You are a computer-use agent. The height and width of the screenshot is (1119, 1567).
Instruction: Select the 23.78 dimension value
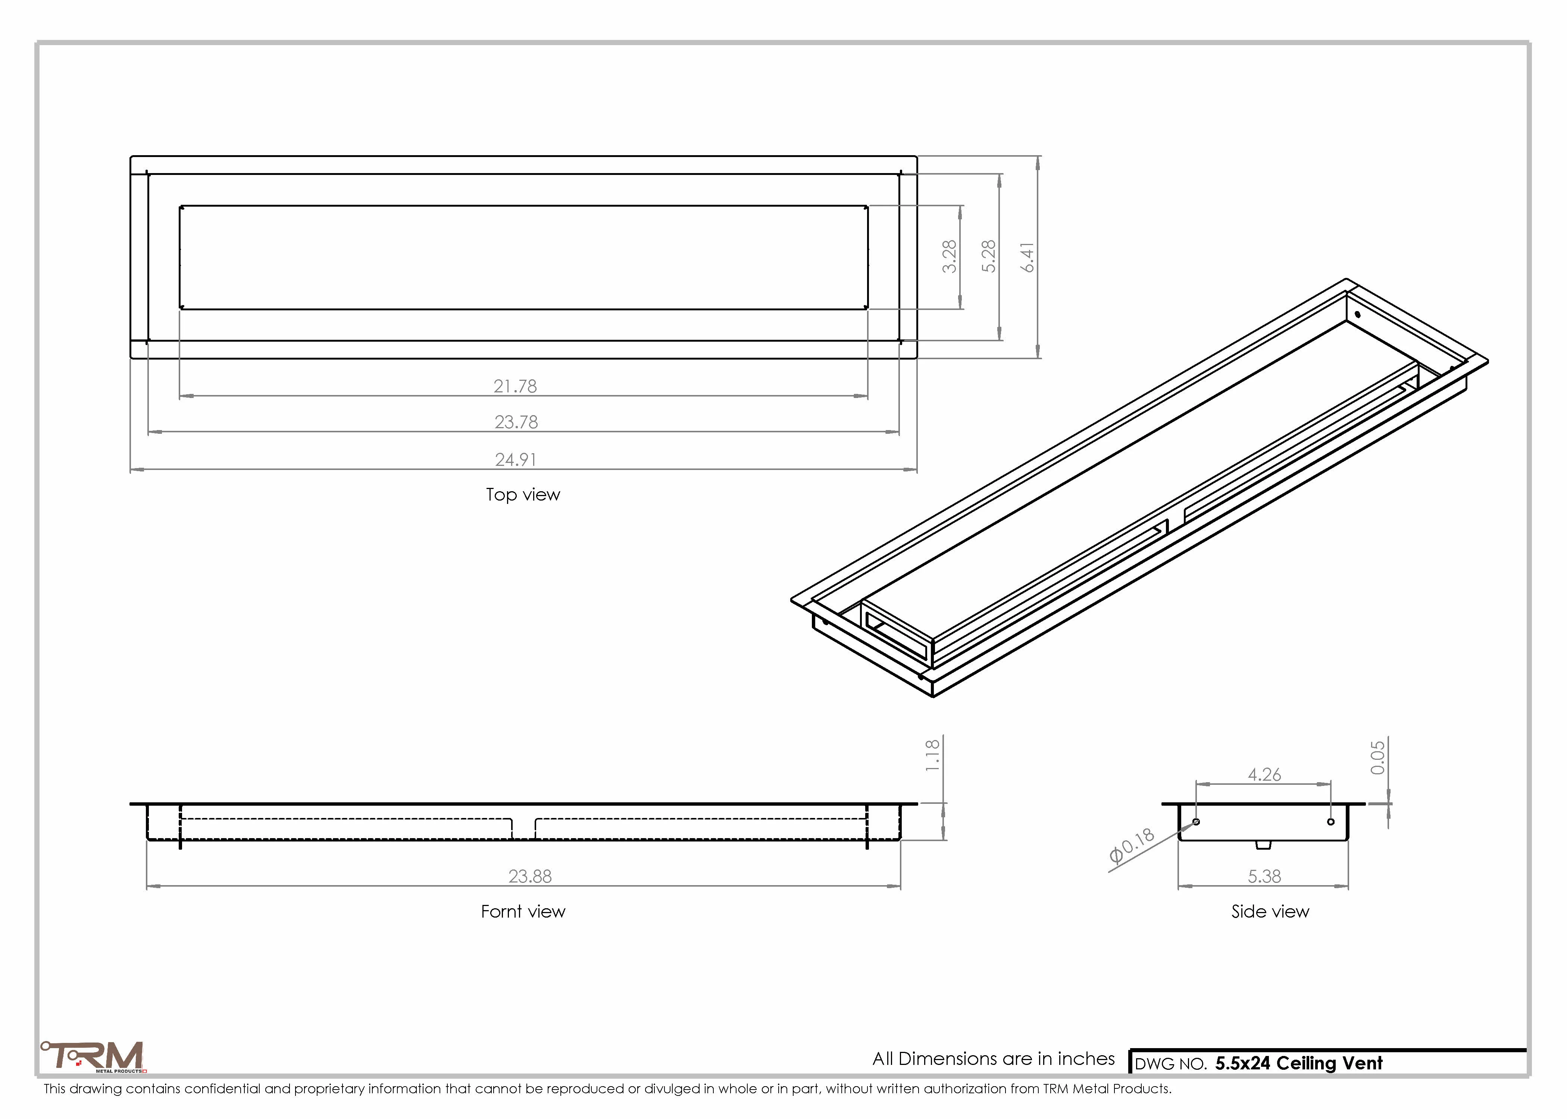click(x=516, y=422)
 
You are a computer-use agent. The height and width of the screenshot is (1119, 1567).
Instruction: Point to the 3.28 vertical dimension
click(x=950, y=256)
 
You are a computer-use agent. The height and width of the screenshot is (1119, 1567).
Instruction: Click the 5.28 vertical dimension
click(x=988, y=256)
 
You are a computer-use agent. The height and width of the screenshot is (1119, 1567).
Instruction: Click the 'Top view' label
click(x=523, y=495)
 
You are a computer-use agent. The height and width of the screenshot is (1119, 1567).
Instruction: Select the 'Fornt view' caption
click(x=523, y=912)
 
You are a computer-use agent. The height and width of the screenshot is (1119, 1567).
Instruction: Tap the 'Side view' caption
click(x=1270, y=912)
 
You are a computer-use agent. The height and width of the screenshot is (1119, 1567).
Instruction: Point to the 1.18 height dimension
click(x=932, y=755)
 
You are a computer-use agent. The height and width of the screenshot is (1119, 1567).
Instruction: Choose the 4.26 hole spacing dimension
click(x=1264, y=774)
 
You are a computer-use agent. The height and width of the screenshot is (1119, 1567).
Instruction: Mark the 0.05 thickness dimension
click(x=1377, y=757)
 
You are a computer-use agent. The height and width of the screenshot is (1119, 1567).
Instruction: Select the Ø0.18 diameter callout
click(x=1132, y=846)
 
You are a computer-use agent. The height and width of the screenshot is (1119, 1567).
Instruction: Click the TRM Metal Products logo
click(x=92, y=1056)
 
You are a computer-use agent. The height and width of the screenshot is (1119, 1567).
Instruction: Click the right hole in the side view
click(x=1330, y=821)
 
